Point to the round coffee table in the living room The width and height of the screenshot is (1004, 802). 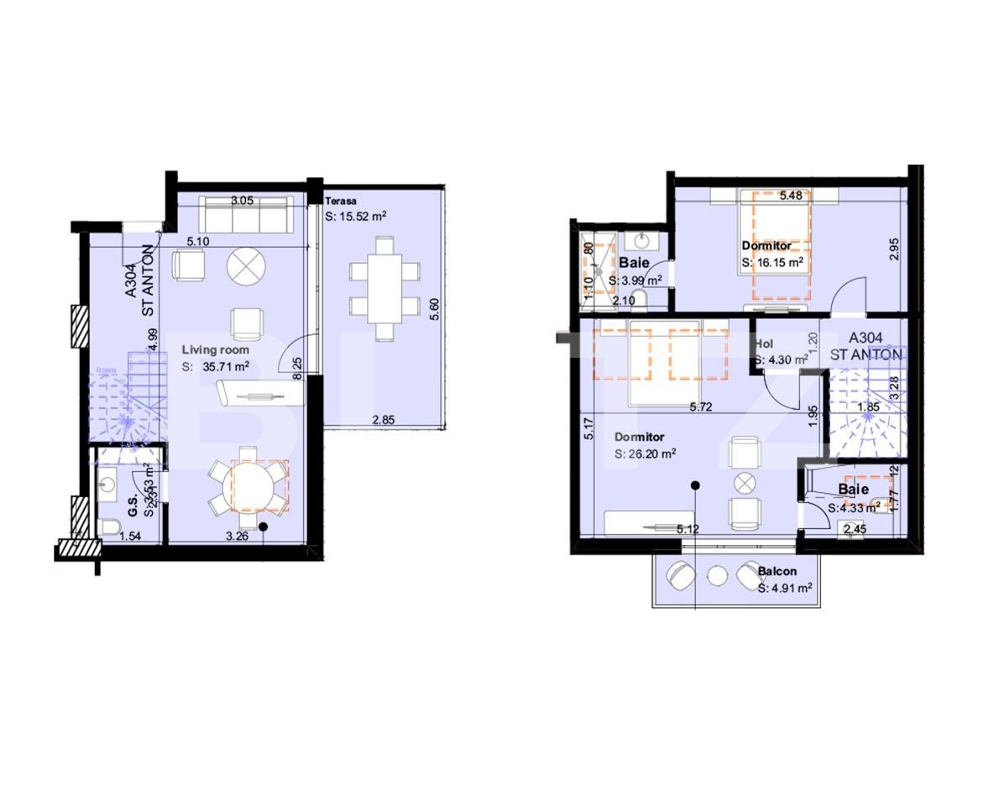point(245,265)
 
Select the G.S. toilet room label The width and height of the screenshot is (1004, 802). point(133,509)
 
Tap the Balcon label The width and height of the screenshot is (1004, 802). point(777,572)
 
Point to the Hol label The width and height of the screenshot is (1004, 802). point(764,344)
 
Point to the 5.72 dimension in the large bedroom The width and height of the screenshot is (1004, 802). point(702,408)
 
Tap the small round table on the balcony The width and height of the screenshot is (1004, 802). point(717,577)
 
